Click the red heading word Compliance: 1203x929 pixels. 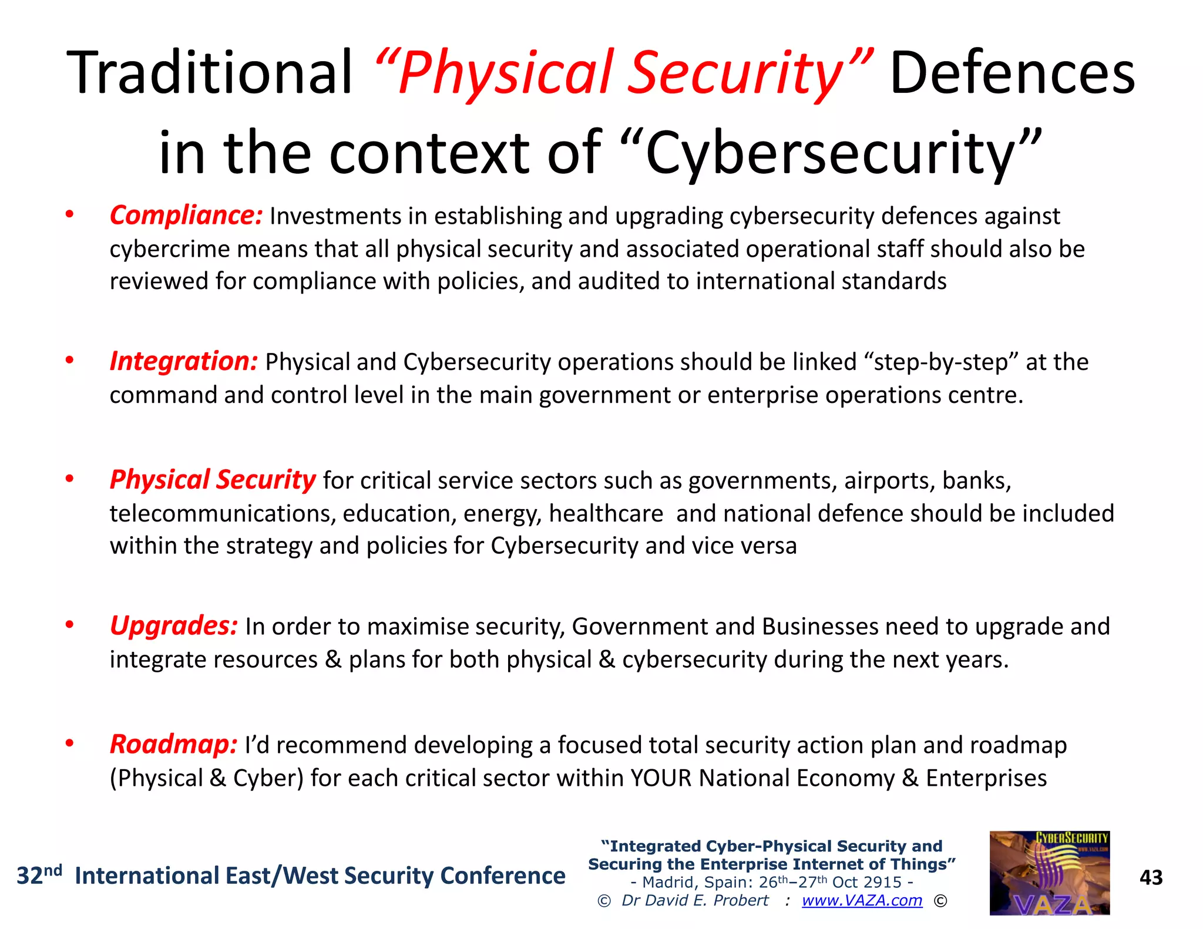coord(186,216)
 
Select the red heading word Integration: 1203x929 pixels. coord(184,361)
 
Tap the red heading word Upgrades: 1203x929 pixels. coord(174,626)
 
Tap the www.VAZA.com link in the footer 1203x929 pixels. coord(862,900)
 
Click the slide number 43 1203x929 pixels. coord(1151,877)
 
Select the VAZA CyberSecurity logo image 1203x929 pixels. coord(1049,873)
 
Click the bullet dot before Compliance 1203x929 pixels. coord(70,215)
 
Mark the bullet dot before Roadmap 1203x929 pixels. coord(70,744)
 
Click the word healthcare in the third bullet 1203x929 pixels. coord(606,514)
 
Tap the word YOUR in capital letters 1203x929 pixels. coord(661,778)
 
